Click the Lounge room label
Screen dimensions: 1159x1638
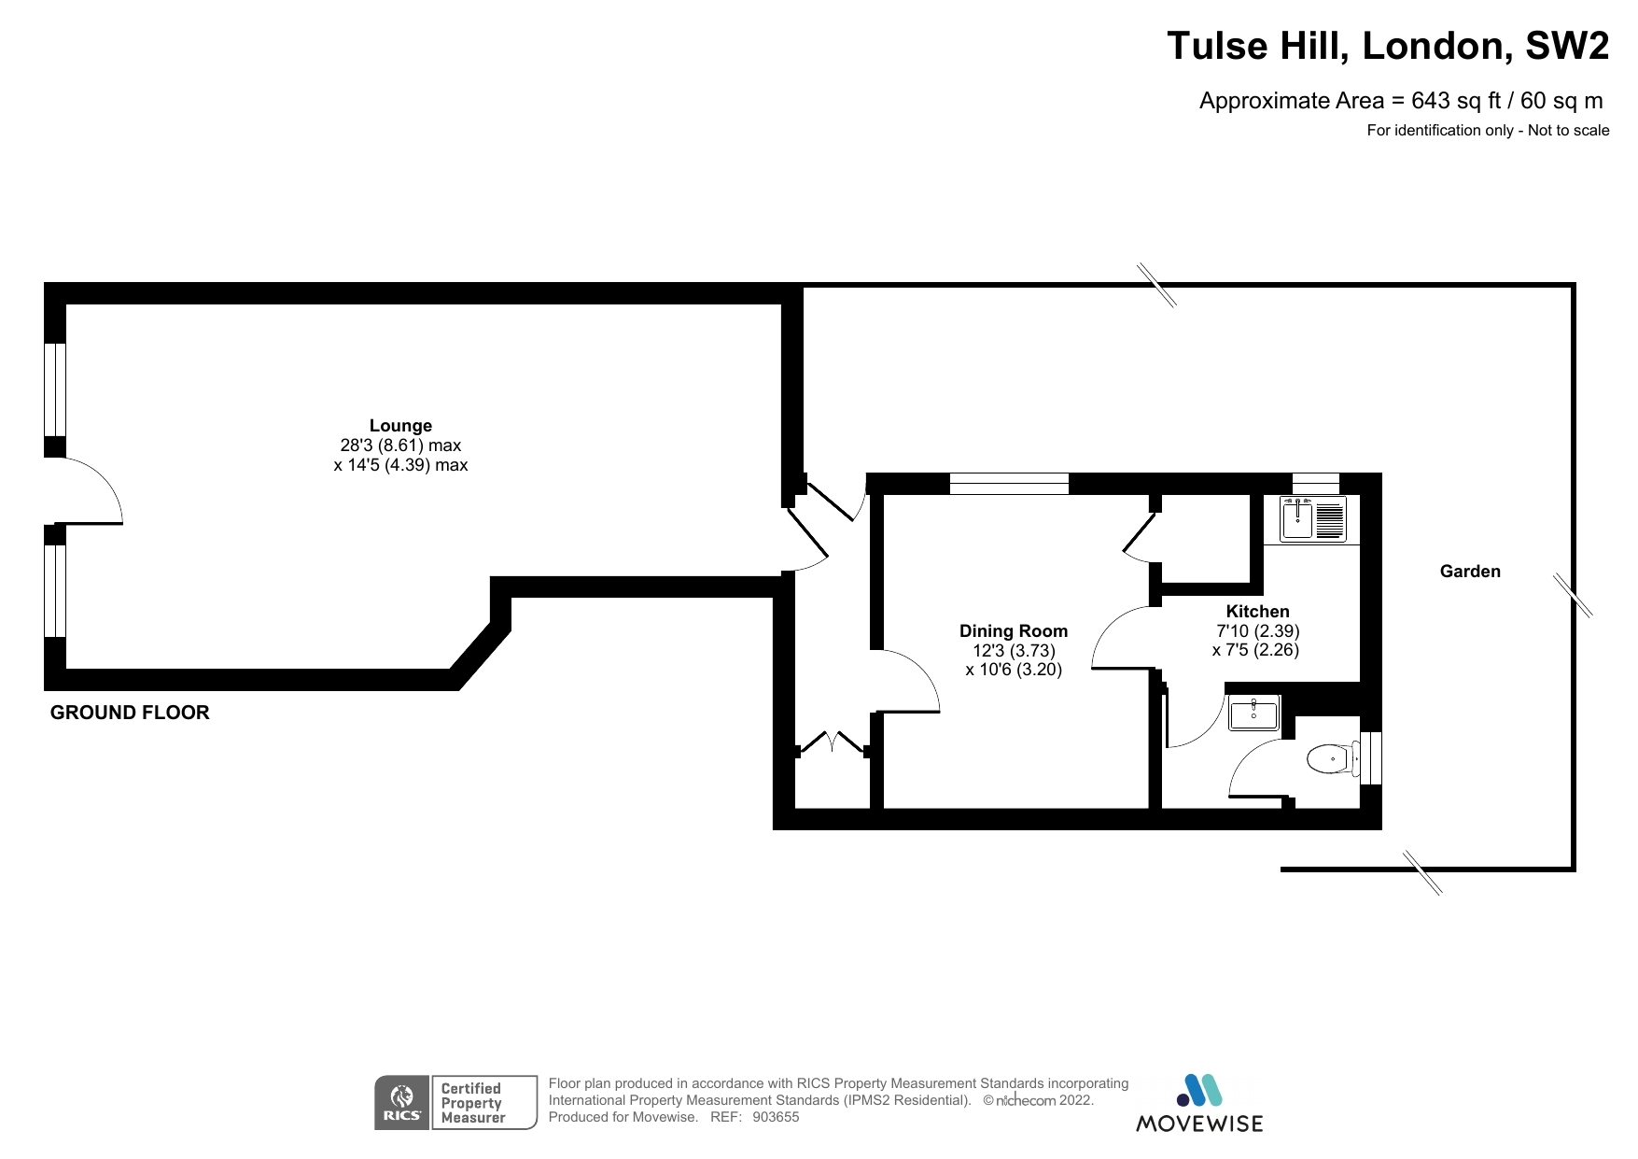click(400, 426)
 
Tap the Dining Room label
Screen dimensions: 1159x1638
click(1013, 631)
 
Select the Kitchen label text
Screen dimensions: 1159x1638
click(1257, 612)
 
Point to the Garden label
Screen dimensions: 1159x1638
click(1469, 572)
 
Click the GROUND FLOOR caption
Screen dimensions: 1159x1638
click(130, 713)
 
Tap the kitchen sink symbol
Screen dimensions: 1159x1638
click(1312, 520)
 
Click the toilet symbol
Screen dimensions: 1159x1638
click(1332, 758)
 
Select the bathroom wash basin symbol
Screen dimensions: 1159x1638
click(1253, 714)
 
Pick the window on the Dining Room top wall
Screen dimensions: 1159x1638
click(1008, 483)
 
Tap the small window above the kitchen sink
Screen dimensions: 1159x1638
click(1315, 483)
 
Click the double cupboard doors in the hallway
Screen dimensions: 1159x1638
click(832, 742)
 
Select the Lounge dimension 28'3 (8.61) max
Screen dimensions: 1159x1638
click(400, 445)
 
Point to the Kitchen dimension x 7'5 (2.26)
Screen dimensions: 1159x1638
click(1255, 650)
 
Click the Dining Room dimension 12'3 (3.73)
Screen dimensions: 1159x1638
click(1013, 651)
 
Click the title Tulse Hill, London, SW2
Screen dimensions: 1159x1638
click(1387, 46)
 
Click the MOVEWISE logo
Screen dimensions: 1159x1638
click(1198, 1104)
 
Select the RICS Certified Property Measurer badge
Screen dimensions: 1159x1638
click(455, 1103)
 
